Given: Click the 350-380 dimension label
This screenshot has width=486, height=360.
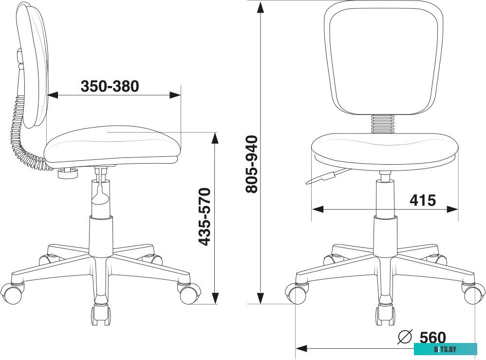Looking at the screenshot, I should click(110, 86).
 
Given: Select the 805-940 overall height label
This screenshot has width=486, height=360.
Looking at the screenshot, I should click(251, 164).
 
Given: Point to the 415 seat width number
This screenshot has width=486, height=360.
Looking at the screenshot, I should click(422, 200).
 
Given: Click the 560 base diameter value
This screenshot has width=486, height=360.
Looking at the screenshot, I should click(432, 338).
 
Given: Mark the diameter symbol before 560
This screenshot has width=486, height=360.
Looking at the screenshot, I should click(406, 336).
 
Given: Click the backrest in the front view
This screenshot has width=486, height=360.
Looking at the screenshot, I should click(384, 58).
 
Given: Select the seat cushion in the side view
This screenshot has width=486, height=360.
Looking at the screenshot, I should click(112, 144).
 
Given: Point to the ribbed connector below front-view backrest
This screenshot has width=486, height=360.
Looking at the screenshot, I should click(384, 123).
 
